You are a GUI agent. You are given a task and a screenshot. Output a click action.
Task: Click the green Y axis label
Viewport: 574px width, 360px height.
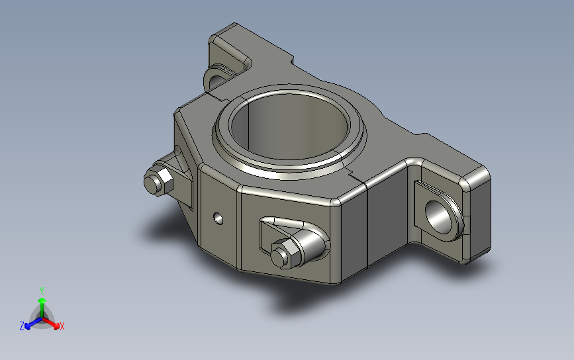[x=42, y=291]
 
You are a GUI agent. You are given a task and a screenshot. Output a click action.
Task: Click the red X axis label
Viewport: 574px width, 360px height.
[x=62, y=326]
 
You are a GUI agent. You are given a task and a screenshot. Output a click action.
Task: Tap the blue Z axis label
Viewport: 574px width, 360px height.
[x=22, y=326]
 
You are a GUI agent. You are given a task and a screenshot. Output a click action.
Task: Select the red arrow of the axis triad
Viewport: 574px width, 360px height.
[x=50, y=323]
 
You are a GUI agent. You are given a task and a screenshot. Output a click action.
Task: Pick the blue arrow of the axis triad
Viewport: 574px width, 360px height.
[x=33, y=323]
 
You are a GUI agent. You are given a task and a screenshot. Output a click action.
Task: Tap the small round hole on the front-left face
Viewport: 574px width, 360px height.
[x=218, y=218]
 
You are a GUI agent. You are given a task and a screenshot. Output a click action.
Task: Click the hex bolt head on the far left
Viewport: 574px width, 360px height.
[x=158, y=181]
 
